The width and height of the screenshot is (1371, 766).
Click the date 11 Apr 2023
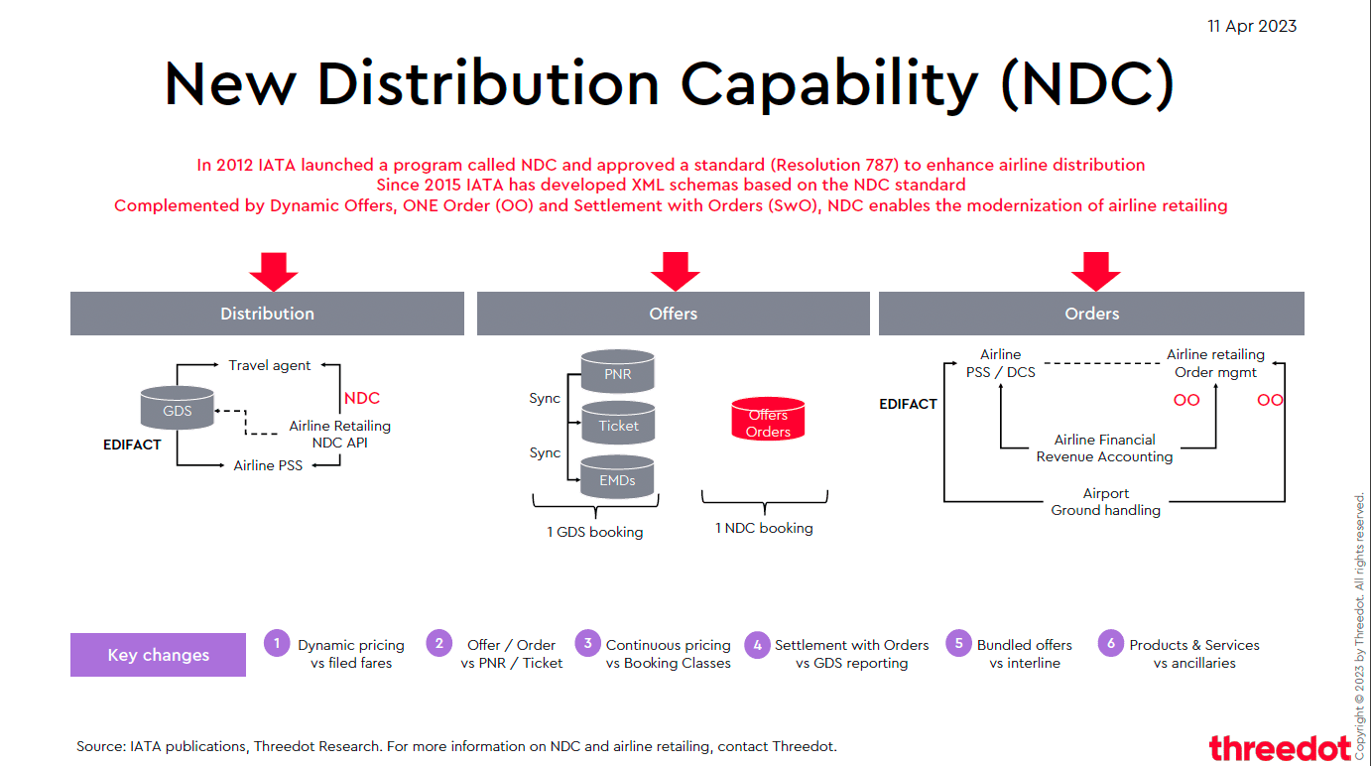click(x=1252, y=27)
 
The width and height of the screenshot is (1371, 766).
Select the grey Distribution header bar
click(x=267, y=314)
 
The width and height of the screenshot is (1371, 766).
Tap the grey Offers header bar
click(x=673, y=314)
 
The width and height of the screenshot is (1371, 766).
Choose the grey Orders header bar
click(x=1091, y=314)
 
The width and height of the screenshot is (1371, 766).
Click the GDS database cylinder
click(x=178, y=409)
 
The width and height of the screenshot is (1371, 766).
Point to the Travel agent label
click(x=269, y=365)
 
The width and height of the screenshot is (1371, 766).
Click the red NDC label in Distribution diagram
click(x=361, y=398)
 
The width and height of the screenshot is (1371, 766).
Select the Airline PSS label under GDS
click(x=268, y=464)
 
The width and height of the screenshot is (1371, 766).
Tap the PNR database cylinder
click(x=617, y=372)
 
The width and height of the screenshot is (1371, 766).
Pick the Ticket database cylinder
click(x=617, y=425)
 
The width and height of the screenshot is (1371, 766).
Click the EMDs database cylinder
click(x=617, y=479)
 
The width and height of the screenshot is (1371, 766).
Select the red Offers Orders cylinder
click(x=768, y=421)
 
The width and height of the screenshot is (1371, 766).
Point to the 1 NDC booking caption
click(x=764, y=528)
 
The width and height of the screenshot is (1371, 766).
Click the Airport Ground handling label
click(x=1105, y=502)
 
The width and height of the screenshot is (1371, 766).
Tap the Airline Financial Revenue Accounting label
click(x=1104, y=448)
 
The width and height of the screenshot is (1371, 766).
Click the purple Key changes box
click(x=158, y=655)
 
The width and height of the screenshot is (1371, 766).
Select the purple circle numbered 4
click(x=757, y=645)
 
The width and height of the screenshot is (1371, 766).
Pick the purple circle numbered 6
click(x=1110, y=643)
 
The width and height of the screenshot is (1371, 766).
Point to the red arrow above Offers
click(x=675, y=270)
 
